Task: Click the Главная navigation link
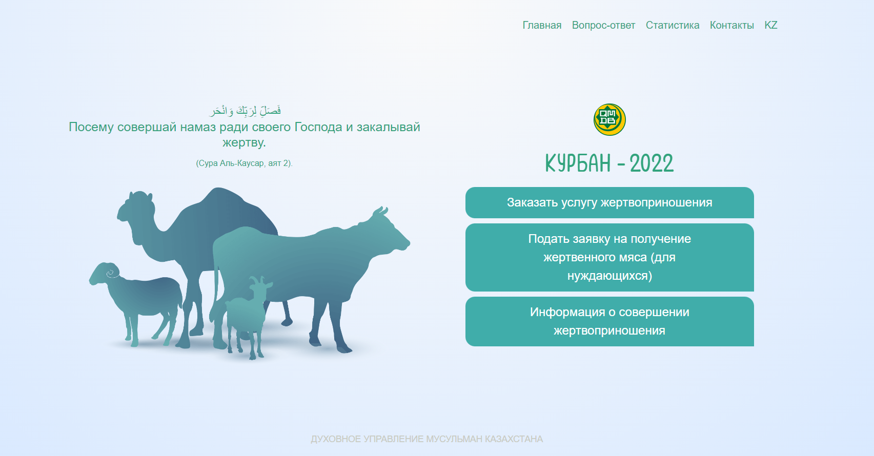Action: (x=542, y=25)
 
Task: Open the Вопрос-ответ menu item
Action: (x=604, y=25)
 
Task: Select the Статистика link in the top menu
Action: (x=672, y=25)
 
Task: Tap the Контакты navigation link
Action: (x=731, y=25)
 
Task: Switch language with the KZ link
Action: (x=770, y=25)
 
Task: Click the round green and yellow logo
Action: (x=609, y=119)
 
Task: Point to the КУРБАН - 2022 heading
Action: (x=609, y=163)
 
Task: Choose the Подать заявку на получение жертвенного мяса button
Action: (x=609, y=257)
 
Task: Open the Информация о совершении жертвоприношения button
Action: (x=609, y=321)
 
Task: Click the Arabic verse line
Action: (x=245, y=111)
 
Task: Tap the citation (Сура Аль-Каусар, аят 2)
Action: (x=244, y=163)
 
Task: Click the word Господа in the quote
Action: (x=318, y=127)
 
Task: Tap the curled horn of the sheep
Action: (x=112, y=272)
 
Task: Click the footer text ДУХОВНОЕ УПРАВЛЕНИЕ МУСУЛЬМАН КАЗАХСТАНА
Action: (x=426, y=439)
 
